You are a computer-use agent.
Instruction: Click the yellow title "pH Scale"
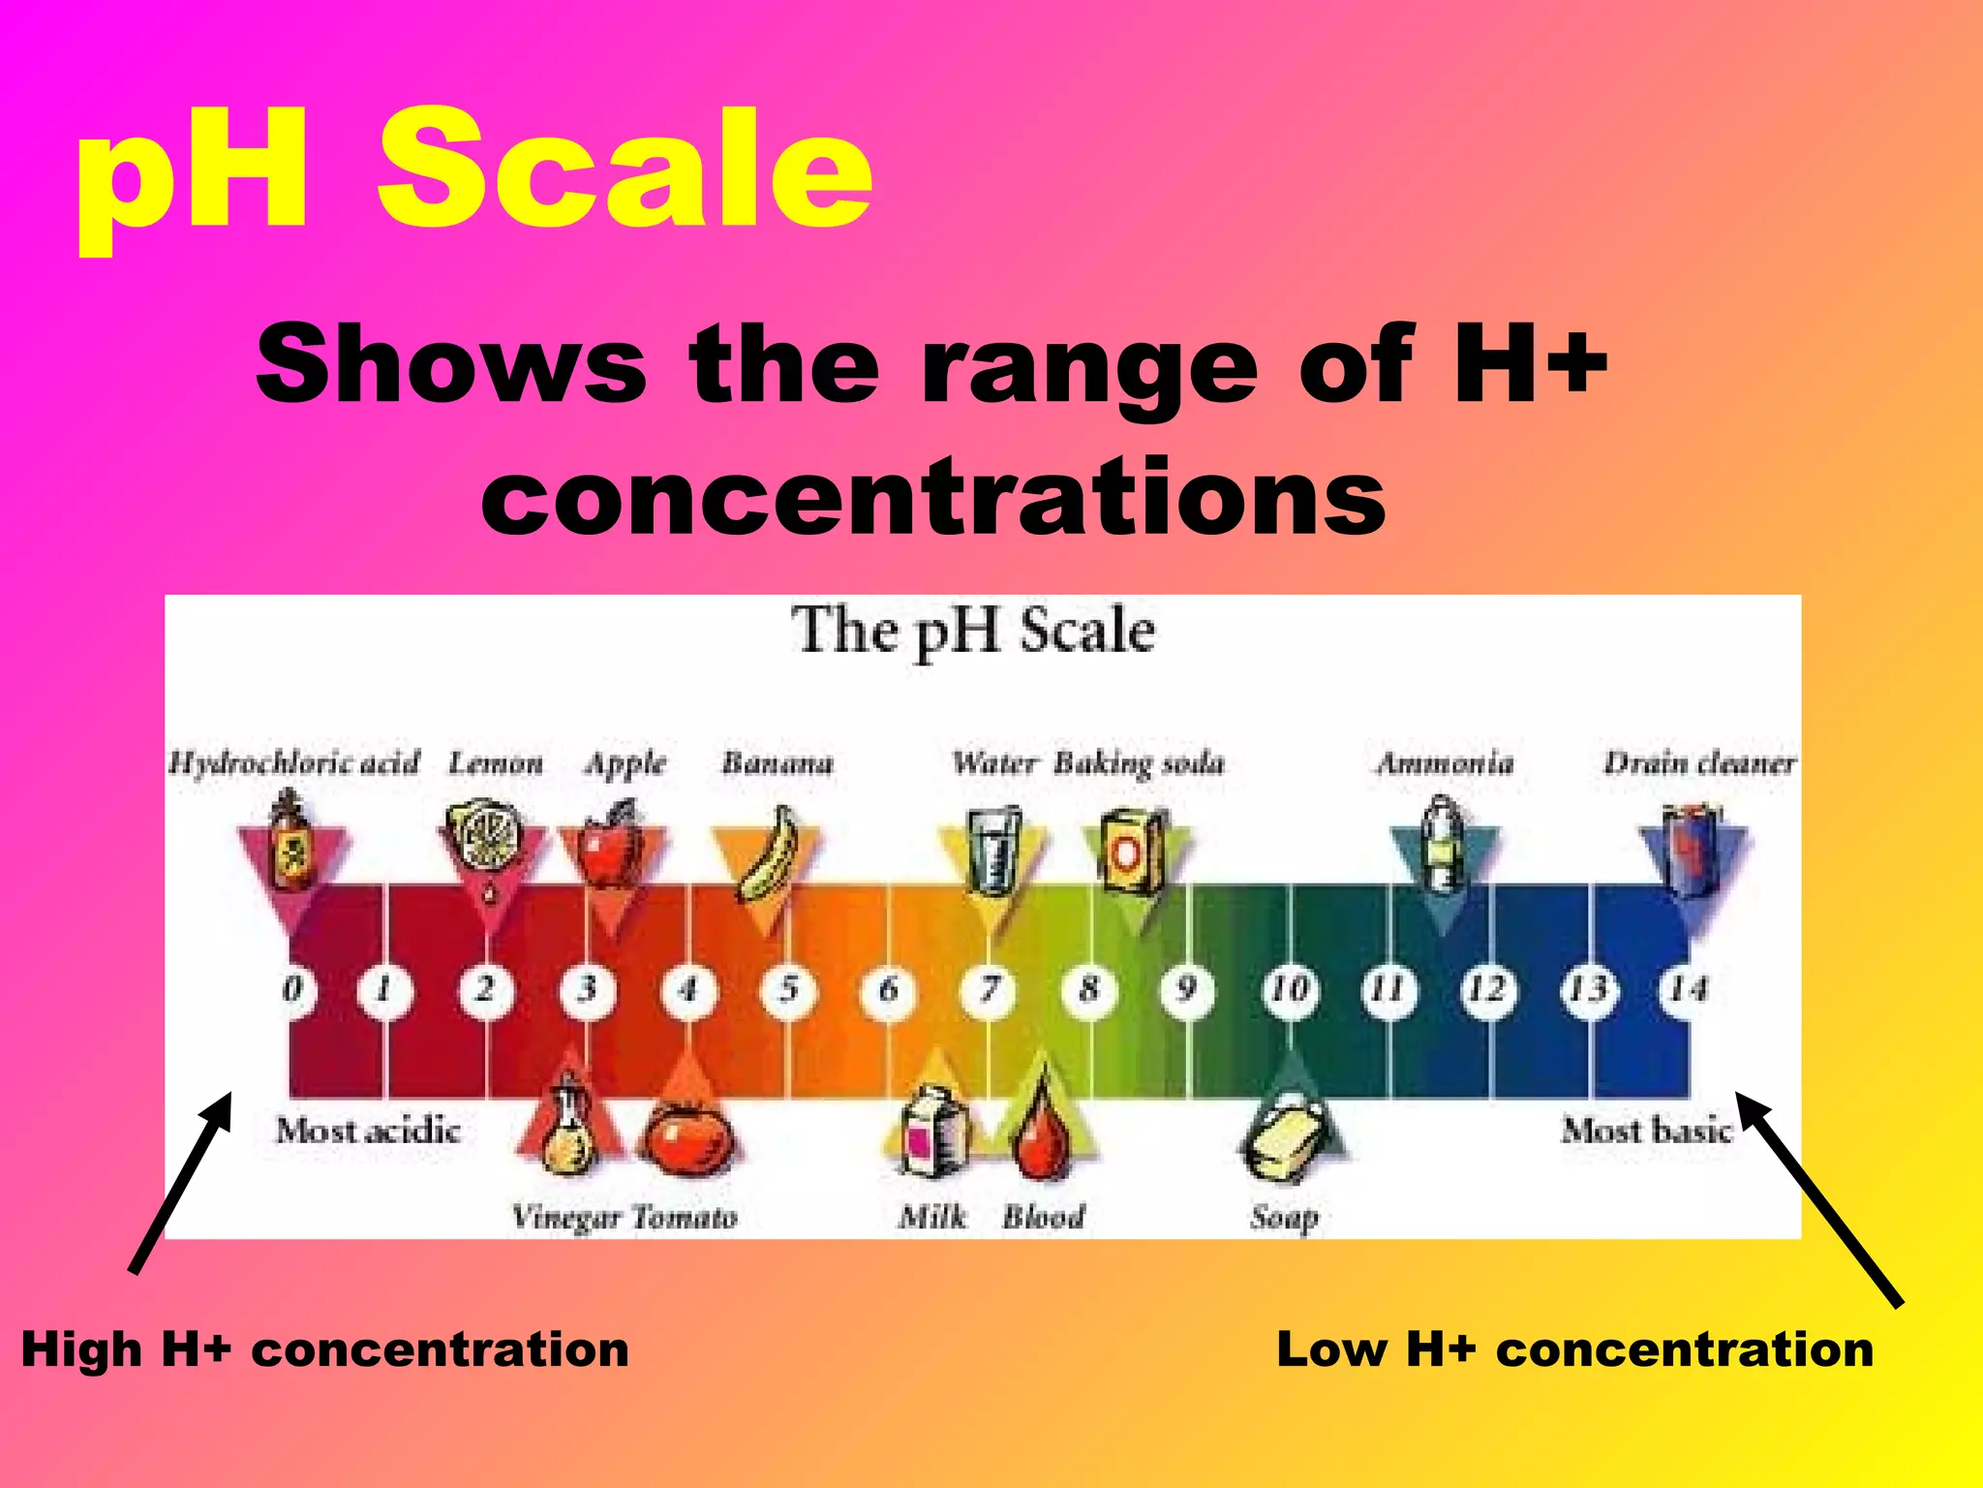point(474,174)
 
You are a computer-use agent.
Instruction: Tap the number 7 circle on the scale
point(989,990)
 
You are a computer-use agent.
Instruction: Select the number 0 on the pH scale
point(292,990)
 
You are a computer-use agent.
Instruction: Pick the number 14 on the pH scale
point(1687,990)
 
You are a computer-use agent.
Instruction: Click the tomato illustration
point(688,1139)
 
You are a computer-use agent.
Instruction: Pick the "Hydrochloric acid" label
point(294,763)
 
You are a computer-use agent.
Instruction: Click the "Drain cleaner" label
point(1699,763)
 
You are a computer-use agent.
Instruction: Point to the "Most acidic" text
point(367,1131)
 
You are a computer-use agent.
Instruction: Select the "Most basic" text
point(1646,1131)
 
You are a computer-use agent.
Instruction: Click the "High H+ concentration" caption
point(325,1349)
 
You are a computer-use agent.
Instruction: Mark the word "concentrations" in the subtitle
point(933,496)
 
